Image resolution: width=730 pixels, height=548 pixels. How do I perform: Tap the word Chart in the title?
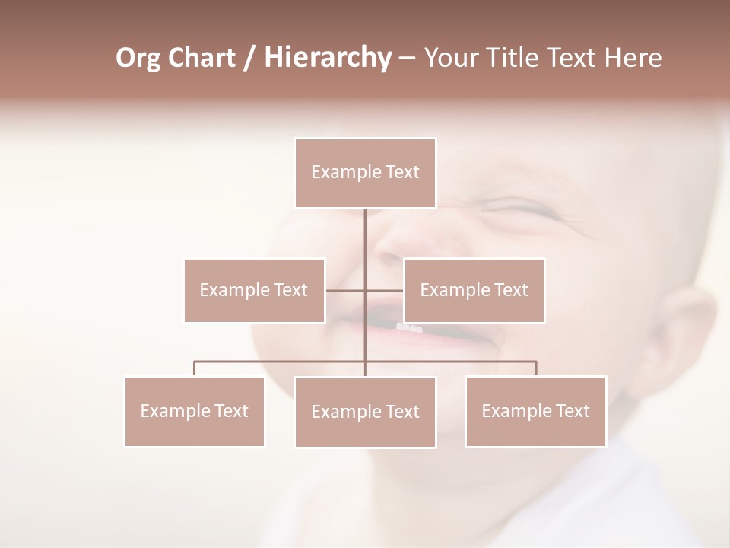click(202, 58)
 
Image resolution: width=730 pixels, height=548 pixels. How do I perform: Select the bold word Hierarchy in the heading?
click(327, 58)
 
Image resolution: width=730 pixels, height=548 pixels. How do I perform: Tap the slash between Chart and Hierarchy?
click(248, 58)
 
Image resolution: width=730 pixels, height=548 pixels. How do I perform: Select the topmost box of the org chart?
click(365, 173)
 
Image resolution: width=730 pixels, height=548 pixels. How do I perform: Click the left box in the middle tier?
click(254, 290)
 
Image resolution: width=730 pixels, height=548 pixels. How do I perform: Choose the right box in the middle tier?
click(474, 290)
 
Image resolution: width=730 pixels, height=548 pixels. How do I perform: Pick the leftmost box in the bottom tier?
click(194, 411)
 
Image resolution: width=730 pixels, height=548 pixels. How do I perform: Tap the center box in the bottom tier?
click(365, 412)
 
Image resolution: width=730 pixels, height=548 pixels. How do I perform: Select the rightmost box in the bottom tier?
click(535, 411)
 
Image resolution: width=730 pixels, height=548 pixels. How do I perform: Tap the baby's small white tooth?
click(408, 328)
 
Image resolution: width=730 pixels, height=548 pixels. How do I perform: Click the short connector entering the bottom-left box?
click(194, 368)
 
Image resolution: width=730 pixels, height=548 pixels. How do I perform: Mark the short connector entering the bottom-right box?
click(536, 368)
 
